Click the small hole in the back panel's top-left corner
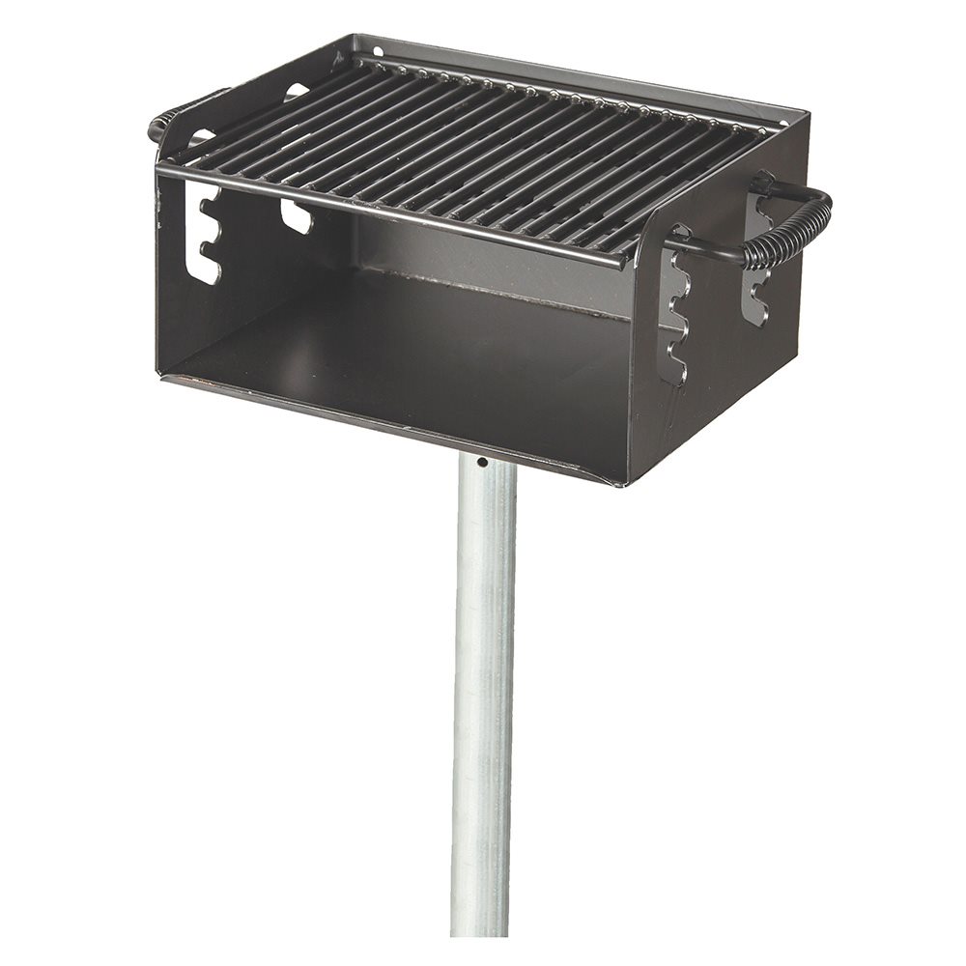point(378,50)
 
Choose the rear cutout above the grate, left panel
point(297,92)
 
